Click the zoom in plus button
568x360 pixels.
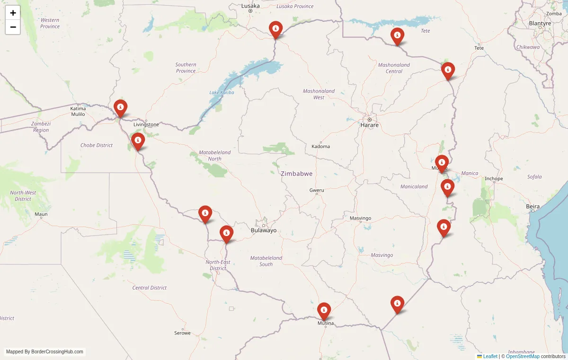pos(13,13)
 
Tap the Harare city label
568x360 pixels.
pos(369,125)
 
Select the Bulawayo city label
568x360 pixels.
pos(263,230)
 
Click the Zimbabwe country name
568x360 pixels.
pos(296,174)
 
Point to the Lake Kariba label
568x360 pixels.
pos(222,92)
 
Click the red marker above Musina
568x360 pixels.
pos(324,311)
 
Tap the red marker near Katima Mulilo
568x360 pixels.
pos(121,108)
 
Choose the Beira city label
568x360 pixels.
pos(532,207)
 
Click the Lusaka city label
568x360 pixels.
pos(250,6)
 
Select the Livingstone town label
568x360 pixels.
pos(146,124)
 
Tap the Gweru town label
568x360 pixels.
pos(317,190)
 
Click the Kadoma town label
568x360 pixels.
pos(320,146)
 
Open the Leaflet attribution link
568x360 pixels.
pos(490,356)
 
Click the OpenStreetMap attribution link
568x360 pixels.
pos(523,356)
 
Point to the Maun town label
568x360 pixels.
pos(41,214)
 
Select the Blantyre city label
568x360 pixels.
pos(540,23)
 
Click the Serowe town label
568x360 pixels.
pos(182,333)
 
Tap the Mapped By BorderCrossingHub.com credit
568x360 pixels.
pos(45,351)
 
